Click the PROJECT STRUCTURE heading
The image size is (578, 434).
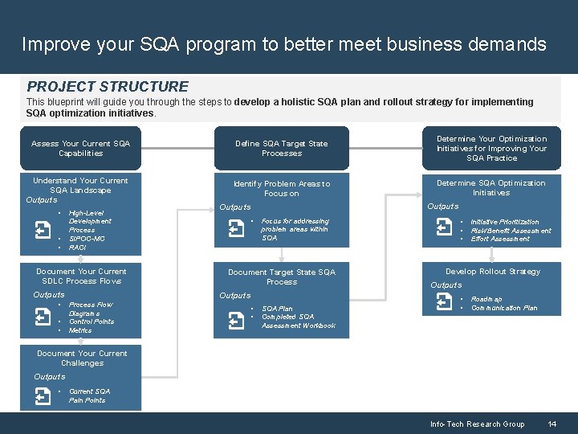pos(108,87)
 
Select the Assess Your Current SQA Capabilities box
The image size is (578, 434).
pos(80,148)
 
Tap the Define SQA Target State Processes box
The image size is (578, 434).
pos(281,148)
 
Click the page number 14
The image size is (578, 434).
pos(552,424)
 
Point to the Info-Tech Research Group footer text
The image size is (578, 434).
pos(477,424)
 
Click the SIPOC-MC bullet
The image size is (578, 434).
pos(87,239)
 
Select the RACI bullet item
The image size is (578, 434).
pos(78,248)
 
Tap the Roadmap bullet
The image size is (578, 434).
pos(486,299)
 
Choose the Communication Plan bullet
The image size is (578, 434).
pos(504,308)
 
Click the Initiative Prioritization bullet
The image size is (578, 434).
pos(505,222)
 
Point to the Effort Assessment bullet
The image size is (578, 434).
pos(500,239)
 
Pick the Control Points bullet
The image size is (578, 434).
pos(92,321)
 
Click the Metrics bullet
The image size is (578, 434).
pos(80,330)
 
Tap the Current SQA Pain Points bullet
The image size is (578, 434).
pos(89,395)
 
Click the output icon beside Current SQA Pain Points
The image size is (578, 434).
pos(43,395)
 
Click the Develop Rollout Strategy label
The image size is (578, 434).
pos(493,272)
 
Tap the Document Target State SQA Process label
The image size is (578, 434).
pos(282,276)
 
